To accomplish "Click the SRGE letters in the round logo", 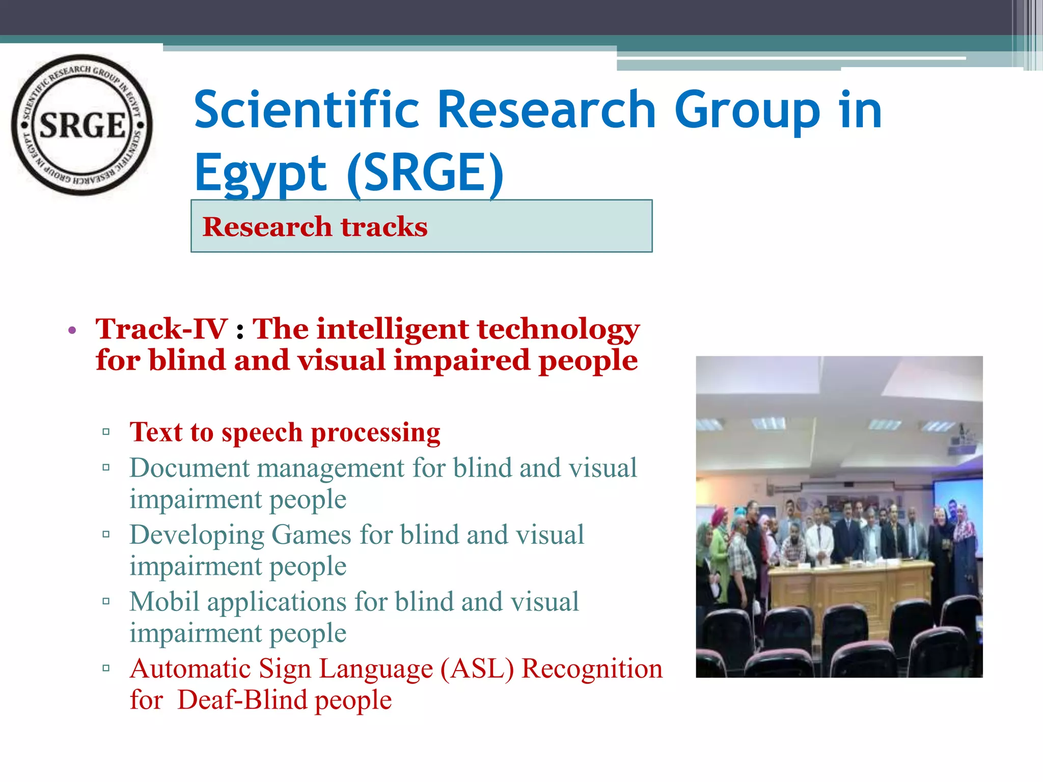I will pyautogui.click(x=82, y=125).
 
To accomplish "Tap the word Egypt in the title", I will pyautogui.click(x=260, y=173).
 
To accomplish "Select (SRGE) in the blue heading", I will pyautogui.click(x=425, y=173).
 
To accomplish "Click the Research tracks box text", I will pyautogui.click(x=315, y=227).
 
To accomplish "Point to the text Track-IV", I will pyautogui.click(x=161, y=328).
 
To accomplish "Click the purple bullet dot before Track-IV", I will pyautogui.click(x=72, y=330).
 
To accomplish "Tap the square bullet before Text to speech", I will pyautogui.click(x=106, y=432).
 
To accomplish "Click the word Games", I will pyautogui.click(x=311, y=535).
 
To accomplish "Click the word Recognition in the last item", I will pyautogui.click(x=592, y=668).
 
